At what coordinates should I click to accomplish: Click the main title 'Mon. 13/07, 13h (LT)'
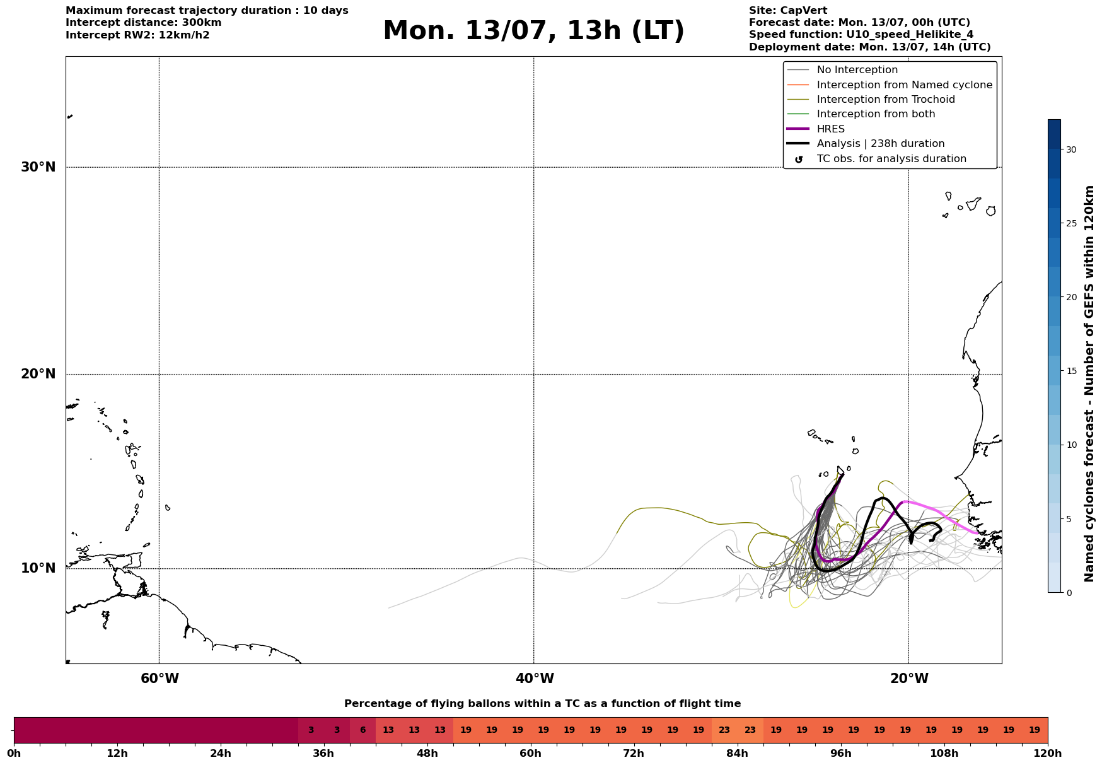[533, 31]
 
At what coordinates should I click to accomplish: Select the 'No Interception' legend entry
[857, 70]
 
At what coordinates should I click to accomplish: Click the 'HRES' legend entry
[830, 129]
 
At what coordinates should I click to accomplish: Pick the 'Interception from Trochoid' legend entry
[886, 100]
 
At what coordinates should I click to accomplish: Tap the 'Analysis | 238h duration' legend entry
[881, 144]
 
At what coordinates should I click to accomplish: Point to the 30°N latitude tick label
[38, 167]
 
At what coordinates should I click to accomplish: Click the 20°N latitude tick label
[38, 374]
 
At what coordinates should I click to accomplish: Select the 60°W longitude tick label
[159, 679]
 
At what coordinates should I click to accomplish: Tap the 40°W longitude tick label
[535, 679]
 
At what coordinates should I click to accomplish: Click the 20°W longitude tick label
[909, 679]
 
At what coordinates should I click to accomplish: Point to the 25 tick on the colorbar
[1071, 223]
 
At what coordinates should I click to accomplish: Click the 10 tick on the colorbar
[1071, 445]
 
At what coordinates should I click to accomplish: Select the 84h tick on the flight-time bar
[737, 754]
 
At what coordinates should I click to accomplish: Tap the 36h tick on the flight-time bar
[323, 754]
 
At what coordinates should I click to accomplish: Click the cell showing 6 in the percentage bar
[362, 730]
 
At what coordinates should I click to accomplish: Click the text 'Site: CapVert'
[788, 11]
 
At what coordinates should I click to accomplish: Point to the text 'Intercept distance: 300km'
[144, 23]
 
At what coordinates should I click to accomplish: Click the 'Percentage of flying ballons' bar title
[542, 704]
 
